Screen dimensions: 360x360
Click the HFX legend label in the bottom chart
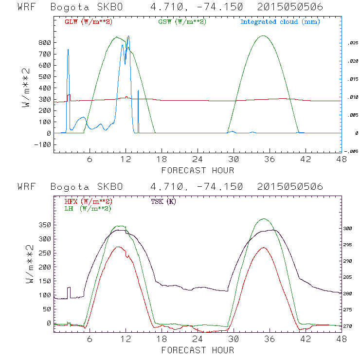(85, 201)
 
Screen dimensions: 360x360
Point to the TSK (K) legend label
(163, 201)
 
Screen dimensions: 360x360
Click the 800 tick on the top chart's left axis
(45, 43)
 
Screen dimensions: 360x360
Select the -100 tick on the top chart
(43, 144)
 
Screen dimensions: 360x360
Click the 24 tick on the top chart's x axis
(198, 160)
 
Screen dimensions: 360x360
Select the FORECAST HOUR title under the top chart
(198, 170)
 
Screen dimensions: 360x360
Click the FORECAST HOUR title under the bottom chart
(198, 350)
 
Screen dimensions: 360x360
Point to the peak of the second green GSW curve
(263, 36)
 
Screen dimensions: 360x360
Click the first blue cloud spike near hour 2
(68, 49)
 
